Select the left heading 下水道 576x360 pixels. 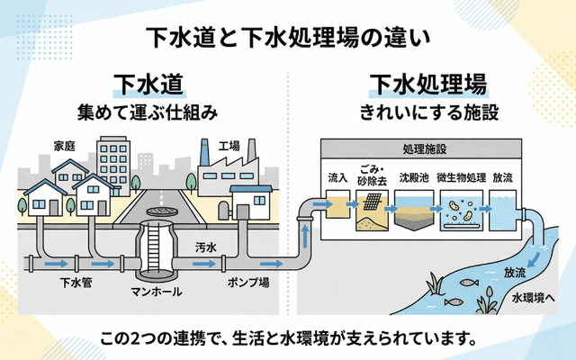[x=148, y=85]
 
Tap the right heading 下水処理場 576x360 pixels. [x=428, y=85]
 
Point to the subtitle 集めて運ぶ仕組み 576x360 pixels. [x=148, y=113]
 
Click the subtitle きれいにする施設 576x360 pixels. [x=428, y=113]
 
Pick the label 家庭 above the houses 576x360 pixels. [x=64, y=146]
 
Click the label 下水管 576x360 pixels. [x=73, y=283]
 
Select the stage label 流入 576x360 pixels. [x=338, y=177]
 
